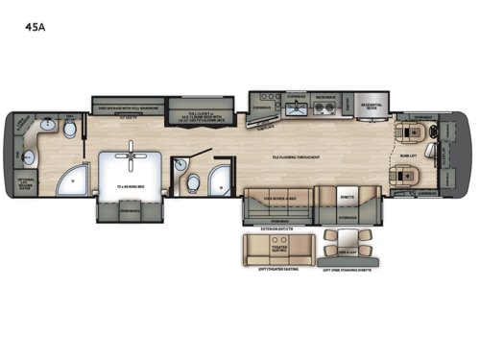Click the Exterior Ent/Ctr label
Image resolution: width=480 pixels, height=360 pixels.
(277, 229)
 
